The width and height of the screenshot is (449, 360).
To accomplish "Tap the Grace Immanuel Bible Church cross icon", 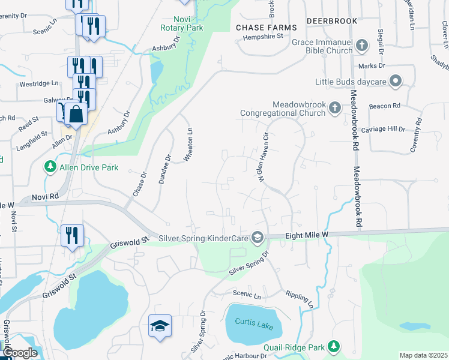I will (x=362, y=46).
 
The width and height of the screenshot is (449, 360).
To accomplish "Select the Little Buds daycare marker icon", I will (x=396, y=81).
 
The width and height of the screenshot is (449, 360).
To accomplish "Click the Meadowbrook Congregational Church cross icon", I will (x=335, y=108).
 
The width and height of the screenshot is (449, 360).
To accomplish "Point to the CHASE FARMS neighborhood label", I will (x=266, y=28).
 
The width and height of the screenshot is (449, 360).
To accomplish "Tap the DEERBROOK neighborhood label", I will (x=328, y=20).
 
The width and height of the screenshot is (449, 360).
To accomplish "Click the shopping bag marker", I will (x=77, y=113).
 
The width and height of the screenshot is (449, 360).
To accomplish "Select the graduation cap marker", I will (x=160, y=326).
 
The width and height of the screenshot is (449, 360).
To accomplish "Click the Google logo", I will (x=20, y=353).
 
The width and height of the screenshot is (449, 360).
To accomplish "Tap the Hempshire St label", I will (x=262, y=37).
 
